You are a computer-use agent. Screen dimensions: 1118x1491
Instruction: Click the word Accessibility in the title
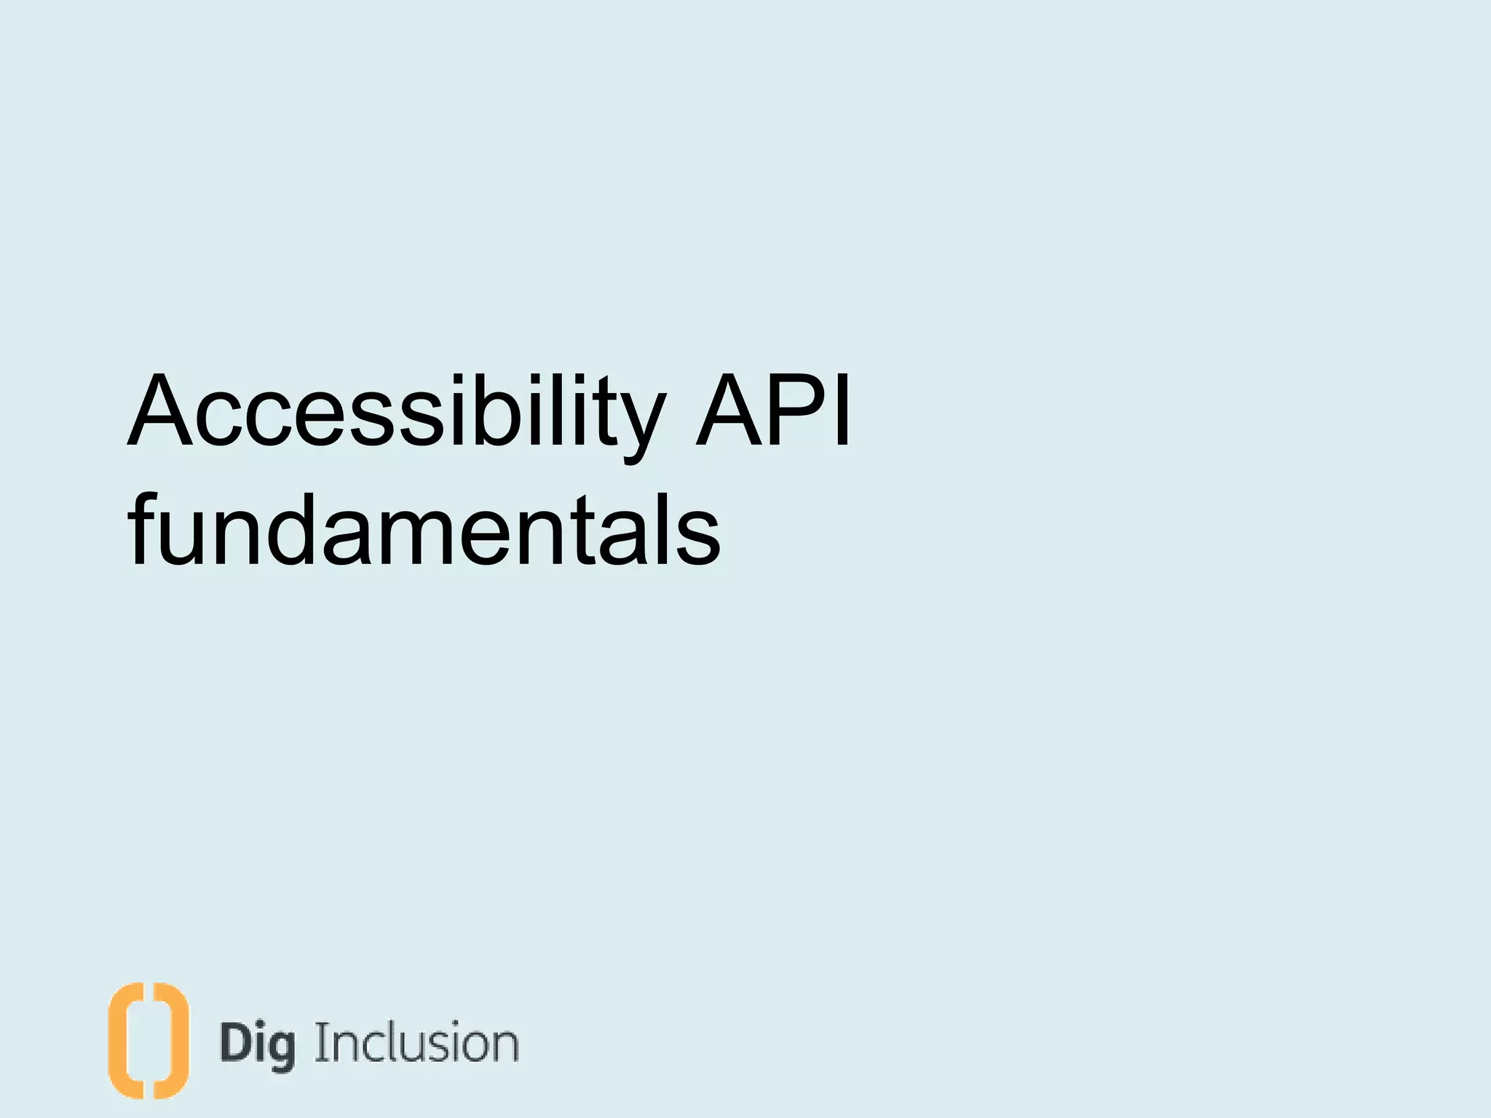coord(397,411)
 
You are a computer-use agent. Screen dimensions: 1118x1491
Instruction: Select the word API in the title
coord(773,411)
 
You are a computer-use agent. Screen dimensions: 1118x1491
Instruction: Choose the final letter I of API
coord(842,411)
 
